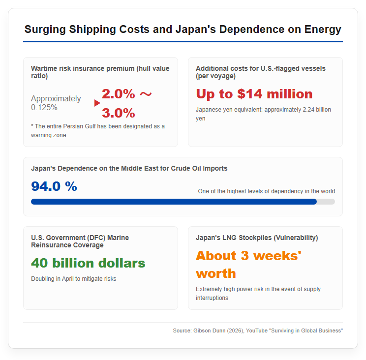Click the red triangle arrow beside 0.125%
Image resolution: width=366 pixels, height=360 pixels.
[x=97, y=103]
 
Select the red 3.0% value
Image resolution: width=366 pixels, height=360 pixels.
[x=119, y=113]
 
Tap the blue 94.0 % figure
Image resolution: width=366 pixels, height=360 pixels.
[x=54, y=186]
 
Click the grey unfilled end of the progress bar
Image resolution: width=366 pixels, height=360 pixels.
[x=326, y=202]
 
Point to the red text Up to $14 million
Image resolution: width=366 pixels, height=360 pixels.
[x=254, y=94]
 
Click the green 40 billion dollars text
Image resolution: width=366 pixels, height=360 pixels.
[x=88, y=263]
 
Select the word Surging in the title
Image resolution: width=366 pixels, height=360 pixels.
[x=45, y=30]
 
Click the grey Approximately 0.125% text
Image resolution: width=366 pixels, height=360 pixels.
[x=56, y=103]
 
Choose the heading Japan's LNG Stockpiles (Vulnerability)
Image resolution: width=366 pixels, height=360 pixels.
[x=257, y=238]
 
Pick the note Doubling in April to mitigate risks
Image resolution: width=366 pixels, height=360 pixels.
[x=73, y=279]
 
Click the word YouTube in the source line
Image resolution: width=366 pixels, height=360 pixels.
[x=256, y=330]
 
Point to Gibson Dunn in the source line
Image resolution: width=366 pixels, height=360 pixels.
[x=210, y=330]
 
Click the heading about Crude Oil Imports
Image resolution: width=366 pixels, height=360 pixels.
[x=129, y=169]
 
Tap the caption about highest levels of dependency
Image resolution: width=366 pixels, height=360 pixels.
[x=266, y=191]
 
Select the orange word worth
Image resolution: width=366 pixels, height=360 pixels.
[x=216, y=273]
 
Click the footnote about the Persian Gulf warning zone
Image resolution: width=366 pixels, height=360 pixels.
[x=98, y=131]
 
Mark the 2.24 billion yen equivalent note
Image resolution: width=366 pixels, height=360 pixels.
[x=263, y=114]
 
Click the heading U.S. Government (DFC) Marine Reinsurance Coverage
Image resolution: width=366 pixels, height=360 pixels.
[x=80, y=241]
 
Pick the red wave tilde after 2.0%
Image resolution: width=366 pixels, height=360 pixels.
[x=146, y=94]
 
